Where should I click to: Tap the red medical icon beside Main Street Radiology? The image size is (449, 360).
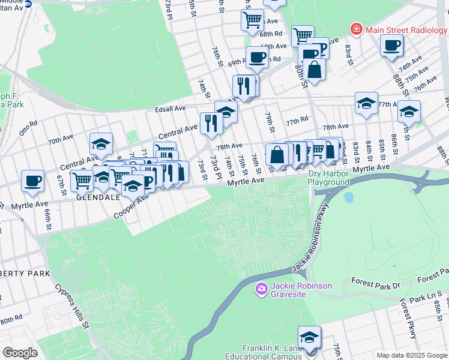pos(357,29)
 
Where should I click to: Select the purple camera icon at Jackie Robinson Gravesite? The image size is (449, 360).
pos(261,290)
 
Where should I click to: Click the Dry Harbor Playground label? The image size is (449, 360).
pos(328,178)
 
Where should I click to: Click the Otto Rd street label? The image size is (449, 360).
pos(28,128)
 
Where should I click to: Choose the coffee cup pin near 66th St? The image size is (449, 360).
pos(32,181)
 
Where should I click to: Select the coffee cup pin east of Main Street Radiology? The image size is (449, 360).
pos(391,45)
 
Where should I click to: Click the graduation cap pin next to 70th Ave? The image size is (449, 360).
pos(101,144)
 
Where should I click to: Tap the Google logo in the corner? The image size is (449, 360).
pos(20,353)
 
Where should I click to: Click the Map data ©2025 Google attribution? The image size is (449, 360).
pos(411,355)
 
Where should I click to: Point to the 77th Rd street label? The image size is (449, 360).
pos(297,122)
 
